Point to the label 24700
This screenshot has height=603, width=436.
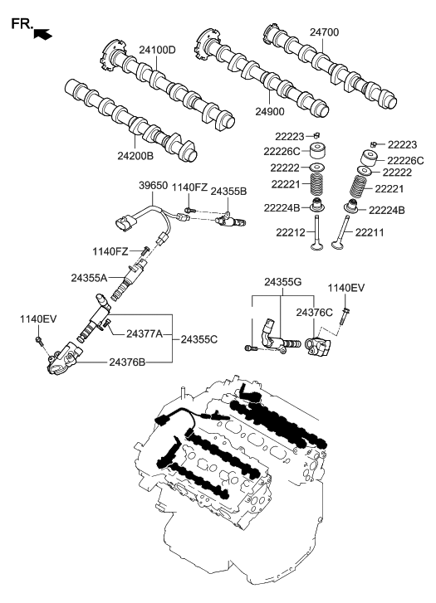(325, 32)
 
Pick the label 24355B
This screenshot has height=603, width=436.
(228, 191)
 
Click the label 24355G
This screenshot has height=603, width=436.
(284, 283)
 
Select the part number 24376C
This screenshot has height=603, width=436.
(315, 313)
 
